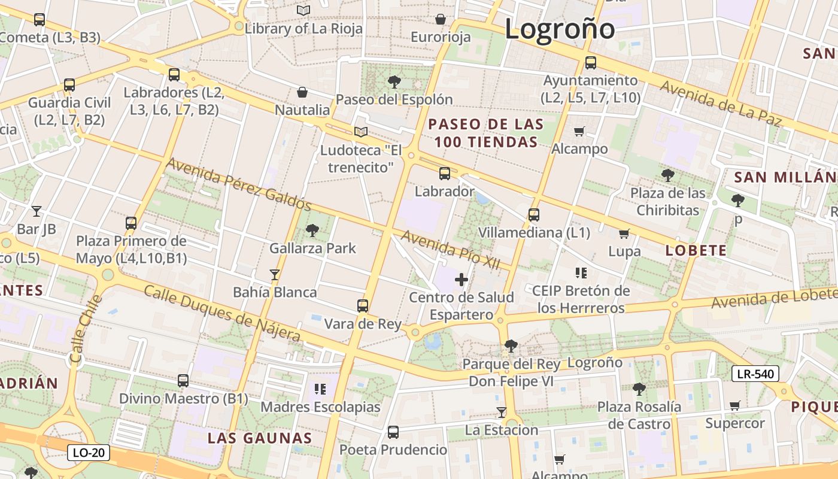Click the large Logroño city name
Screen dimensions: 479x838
[x=560, y=29]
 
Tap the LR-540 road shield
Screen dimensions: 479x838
[x=755, y=374]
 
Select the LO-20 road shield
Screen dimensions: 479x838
[x=88, y=453]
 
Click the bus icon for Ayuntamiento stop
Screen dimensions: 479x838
[x=590, y=63]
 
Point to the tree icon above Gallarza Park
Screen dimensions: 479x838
[x=312, y=231]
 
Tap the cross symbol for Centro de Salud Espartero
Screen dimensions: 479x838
[x=461, y=280]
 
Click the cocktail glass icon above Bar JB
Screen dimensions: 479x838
[x=37, y=211]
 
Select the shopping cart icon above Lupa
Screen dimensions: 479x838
[x=624, y=234]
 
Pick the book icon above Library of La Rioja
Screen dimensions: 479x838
[x=303, y=10]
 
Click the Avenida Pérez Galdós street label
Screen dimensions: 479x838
[x=239, y=184]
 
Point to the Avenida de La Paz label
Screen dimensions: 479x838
[x=721, y=102]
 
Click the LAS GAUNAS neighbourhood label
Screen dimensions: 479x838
[x=260, y=438]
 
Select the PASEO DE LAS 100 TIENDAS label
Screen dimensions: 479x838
[x=486, y=133]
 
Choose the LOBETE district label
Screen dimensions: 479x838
[x=696, y=251]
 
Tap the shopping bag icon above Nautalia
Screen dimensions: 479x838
[x=302, y=92]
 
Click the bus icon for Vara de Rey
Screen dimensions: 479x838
[x=362, y=306]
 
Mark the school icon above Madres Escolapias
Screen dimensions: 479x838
[x=320, y=390]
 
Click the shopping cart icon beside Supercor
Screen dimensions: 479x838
[x=735, y=406]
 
